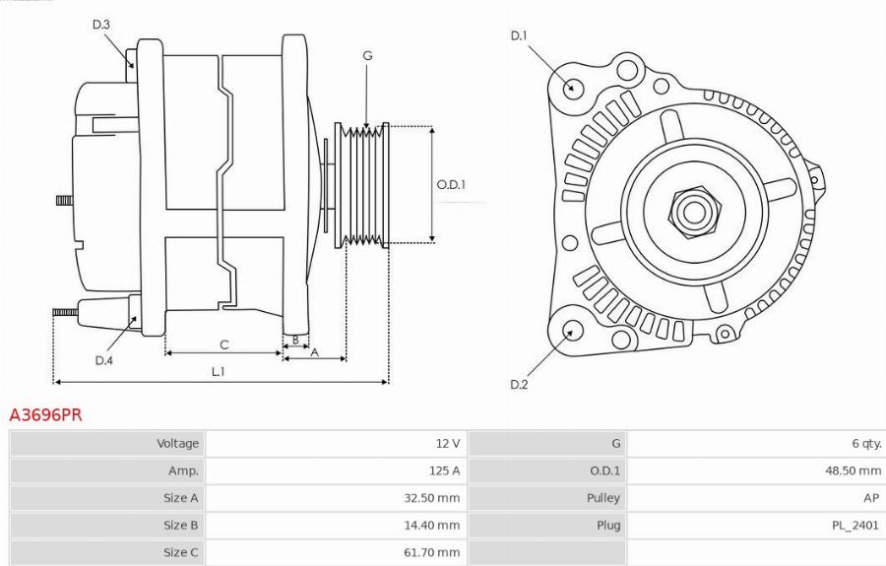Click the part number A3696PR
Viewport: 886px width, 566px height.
click(x=45, y=415)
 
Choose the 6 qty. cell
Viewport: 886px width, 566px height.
click(x=863, y=444)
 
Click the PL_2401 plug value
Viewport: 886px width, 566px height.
click(x=854, y=526)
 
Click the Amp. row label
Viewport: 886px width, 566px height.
click(x=183, y=471)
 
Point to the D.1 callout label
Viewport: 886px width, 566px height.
click(x=519, y=36)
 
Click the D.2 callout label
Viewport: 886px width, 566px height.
click(x=519, y=384)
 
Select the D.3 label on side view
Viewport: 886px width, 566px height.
click(x=101, y=24)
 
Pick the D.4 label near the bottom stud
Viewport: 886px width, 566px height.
click(x=104, y=360)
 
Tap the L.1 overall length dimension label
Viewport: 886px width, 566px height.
click(x=219, y=371)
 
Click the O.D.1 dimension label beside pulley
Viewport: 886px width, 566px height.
click(x=451, y=184)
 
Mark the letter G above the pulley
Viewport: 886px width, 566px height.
click(x=367, y=56)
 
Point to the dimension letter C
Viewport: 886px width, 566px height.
click(x=224, y=345)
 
